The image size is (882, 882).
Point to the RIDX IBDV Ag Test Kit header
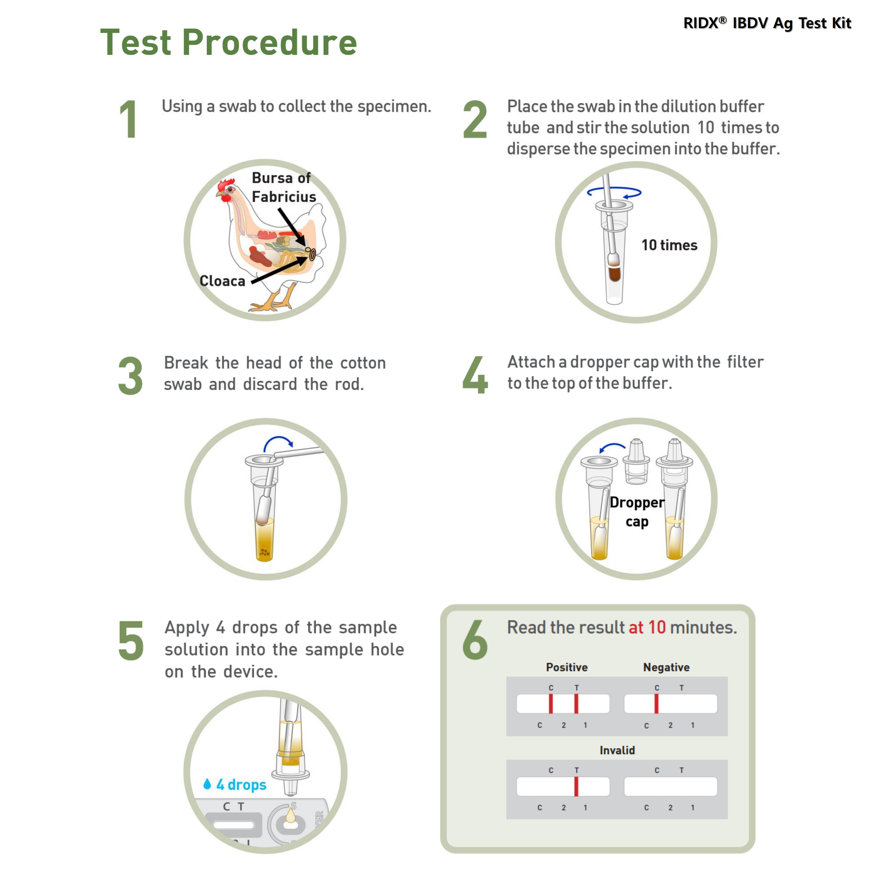[x=767, y=23]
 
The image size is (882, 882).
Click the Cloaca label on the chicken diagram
[x=222, y=281]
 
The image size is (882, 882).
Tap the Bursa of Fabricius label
[x=283, y=187]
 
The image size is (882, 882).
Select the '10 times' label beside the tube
[x=669, y=245]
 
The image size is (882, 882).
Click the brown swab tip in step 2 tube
[x=615, y=274]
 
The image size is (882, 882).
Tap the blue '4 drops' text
[x=241, y=785]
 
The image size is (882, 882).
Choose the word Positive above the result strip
[x=566, y=667]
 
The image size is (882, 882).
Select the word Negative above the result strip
[x=666, y=667]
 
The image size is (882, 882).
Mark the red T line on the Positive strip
[x=576, y=704]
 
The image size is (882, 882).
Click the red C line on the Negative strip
[x=656, y=704]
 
